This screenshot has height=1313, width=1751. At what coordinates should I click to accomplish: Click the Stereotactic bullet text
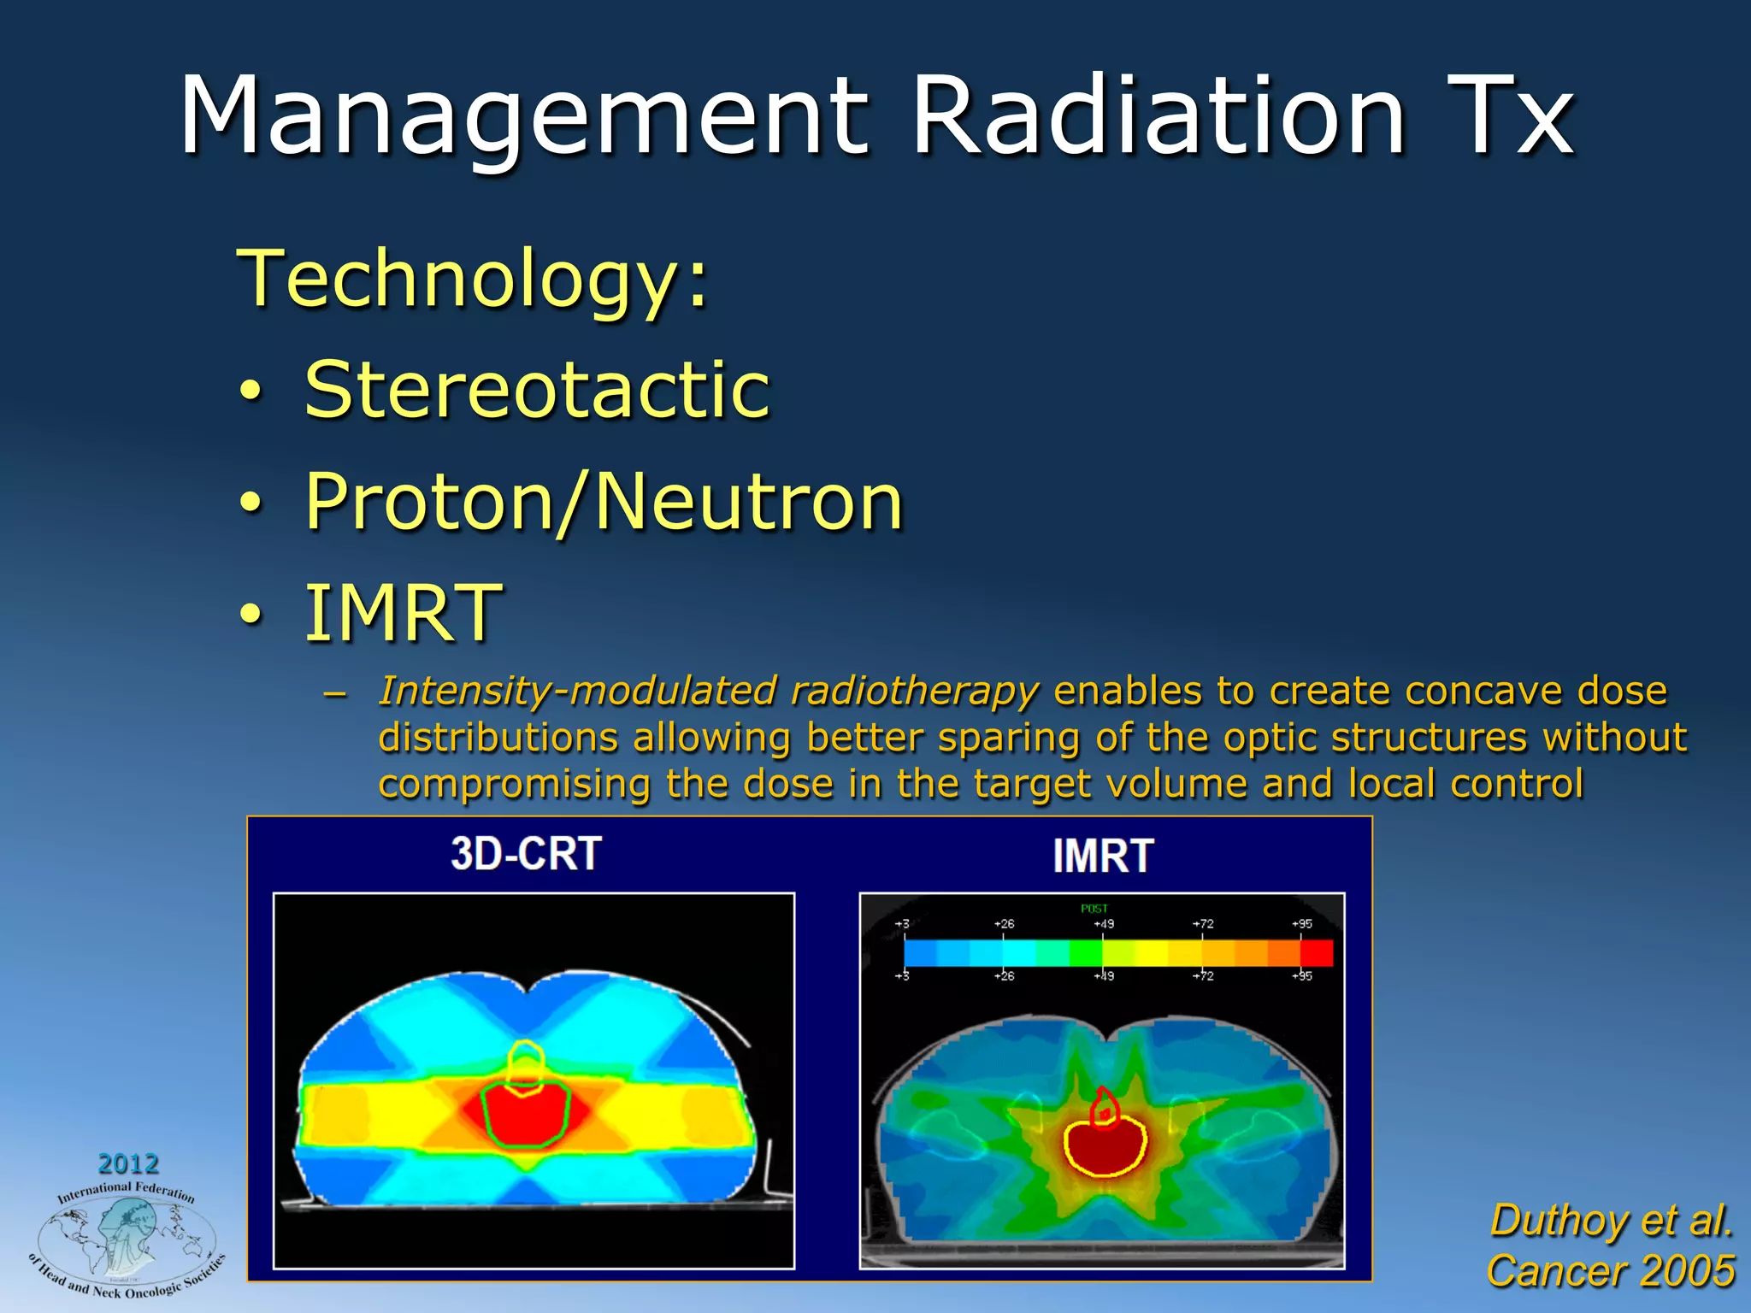point(537,390)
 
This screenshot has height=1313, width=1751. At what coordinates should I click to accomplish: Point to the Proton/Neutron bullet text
point(604,502)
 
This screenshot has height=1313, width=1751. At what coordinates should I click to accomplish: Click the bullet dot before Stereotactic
point(249,392)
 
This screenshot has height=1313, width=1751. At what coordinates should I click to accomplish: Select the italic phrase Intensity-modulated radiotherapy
point(708,691)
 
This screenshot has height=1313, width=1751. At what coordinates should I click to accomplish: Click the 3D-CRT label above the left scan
point(526,854)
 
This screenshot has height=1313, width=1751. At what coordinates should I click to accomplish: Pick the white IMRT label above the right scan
point(1103,856)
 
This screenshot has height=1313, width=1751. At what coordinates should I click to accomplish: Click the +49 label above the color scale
point(1103,924)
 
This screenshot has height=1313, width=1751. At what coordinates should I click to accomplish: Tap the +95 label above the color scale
point(1301,924)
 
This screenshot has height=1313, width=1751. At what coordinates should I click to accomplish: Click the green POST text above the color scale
point(1094,909)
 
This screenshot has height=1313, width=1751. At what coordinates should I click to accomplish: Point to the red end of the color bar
point(1317,952)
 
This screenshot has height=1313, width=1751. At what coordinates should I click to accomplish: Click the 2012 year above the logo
point(128,1163)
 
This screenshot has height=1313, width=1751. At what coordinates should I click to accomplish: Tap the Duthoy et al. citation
point(1611,1220)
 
